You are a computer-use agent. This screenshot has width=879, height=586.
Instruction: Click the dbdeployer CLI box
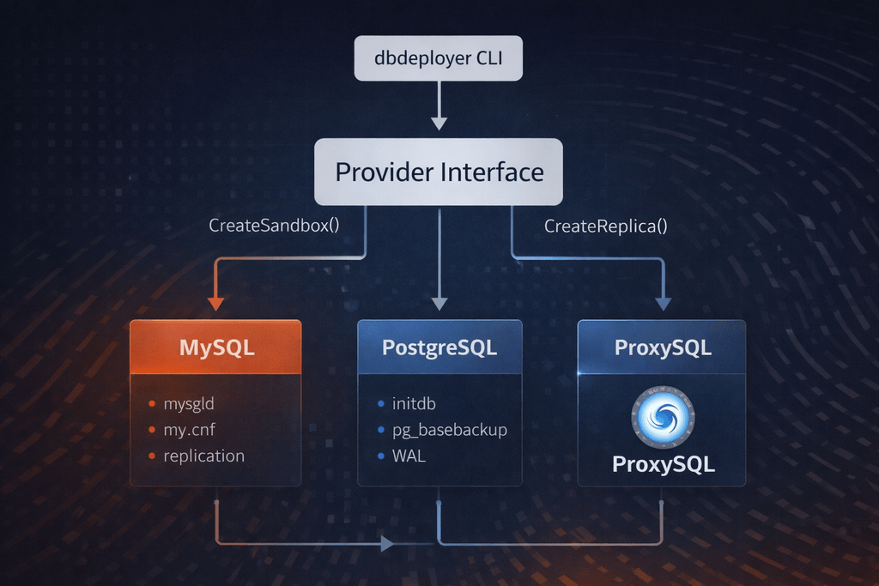point(439,58)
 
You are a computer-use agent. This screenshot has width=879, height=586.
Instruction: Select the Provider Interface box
point(439,172)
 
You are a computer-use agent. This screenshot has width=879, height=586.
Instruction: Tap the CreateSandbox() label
point(275,227)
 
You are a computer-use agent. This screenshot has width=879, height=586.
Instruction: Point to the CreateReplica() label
point(606,227)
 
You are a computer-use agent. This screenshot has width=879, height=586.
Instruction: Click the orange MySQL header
point(216,347)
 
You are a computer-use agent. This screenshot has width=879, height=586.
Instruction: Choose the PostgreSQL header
point(439,347)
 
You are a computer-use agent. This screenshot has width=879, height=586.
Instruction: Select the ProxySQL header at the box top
point(662,347)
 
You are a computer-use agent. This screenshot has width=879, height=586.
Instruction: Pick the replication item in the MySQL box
point(203,456)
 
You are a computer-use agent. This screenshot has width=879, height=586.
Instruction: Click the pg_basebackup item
point(449,429)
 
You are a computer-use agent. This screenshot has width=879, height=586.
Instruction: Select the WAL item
point(409,456)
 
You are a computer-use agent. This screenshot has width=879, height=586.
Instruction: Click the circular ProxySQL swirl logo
point(662,419)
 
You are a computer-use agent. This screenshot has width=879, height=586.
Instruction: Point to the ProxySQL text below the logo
point(662,465)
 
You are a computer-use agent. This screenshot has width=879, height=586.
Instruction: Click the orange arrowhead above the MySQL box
point(216,303)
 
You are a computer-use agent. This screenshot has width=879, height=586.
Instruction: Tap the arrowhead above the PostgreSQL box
point(439,303)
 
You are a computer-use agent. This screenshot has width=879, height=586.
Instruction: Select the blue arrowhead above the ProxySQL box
point(662,303)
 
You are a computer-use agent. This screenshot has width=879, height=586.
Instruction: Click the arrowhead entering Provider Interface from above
point(439,124)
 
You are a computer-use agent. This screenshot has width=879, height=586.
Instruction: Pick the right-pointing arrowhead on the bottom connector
point(386,543)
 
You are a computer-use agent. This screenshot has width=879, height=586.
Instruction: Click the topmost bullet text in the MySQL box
point(189,403)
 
